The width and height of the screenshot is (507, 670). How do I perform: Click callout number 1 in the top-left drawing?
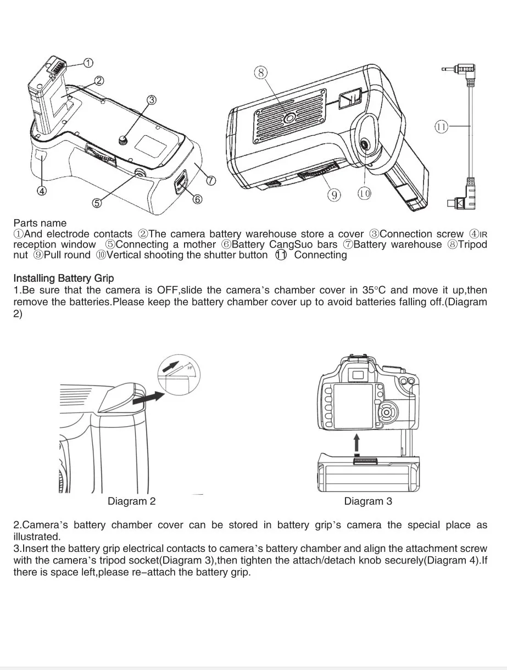tap(88, 63)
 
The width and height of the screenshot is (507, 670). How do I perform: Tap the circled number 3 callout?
tap(151, 100)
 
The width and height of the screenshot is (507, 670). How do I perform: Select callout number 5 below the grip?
tap(97, 203)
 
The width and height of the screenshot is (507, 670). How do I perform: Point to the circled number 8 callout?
tap(260, 72)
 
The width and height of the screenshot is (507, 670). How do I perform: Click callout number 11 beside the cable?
tap(442, 127)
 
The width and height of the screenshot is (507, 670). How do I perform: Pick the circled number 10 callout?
tap(364, 193)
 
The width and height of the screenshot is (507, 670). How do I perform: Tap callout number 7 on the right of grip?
tap(211, 180)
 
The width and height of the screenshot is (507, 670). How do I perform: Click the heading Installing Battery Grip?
tap(64, 278)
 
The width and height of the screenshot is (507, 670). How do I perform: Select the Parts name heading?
tap(40, 223)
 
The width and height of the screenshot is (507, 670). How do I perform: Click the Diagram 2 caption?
tap(131, 501)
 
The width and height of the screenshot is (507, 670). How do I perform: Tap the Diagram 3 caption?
tap(368, 501)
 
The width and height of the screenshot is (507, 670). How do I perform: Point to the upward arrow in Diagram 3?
tap(357, 443)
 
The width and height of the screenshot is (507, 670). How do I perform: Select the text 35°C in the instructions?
tap(376, 290)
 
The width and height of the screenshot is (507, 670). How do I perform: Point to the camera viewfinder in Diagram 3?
tap(358, 375)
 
